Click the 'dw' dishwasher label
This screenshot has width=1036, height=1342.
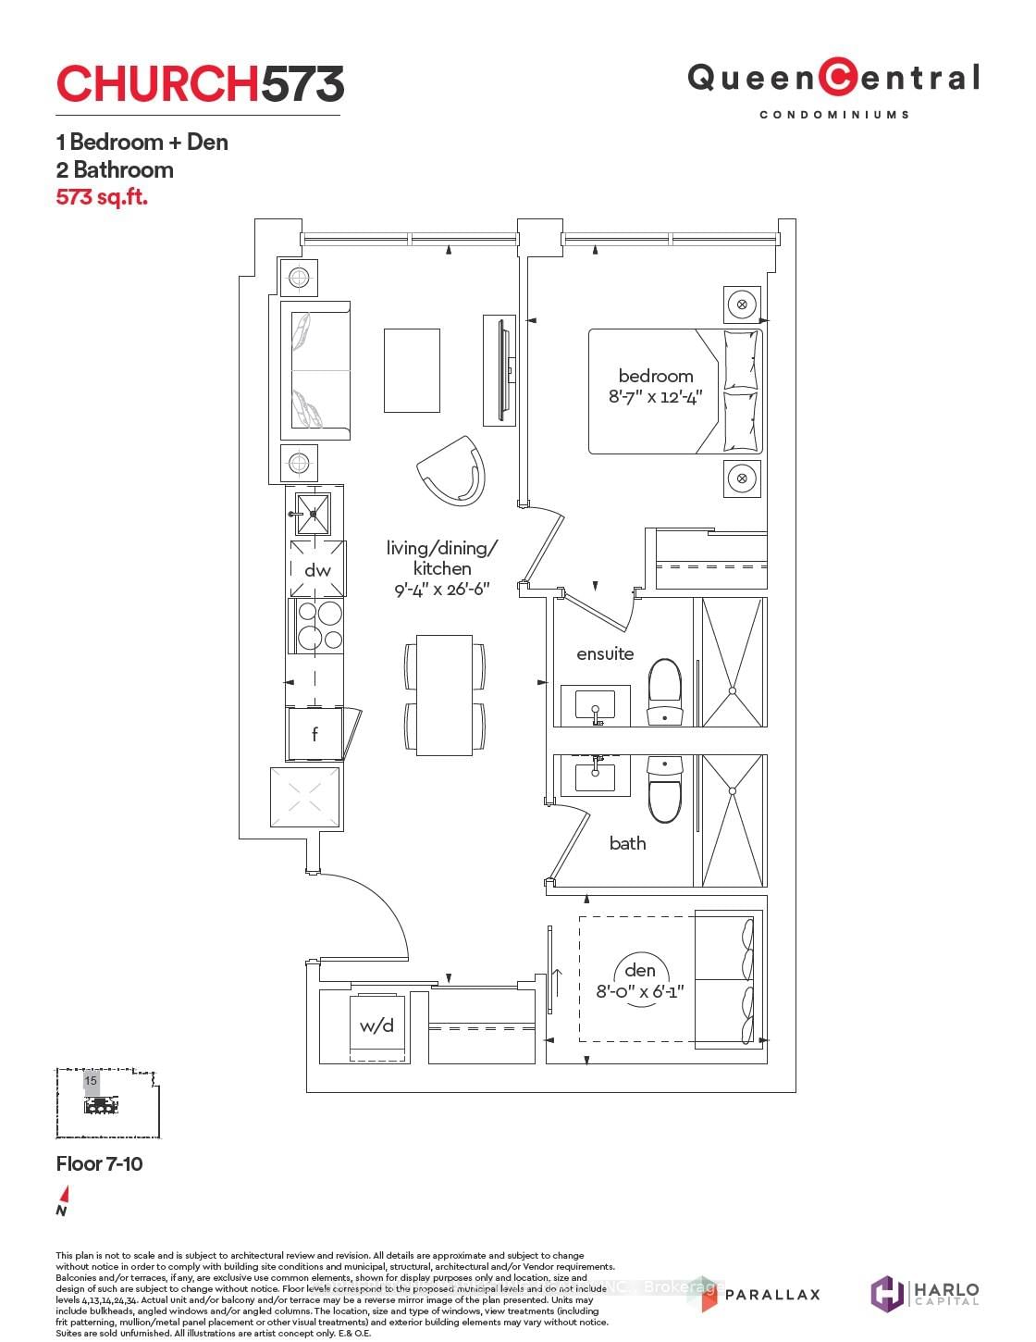tap(317, 570)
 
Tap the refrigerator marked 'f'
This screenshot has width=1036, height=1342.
tap(314, 734)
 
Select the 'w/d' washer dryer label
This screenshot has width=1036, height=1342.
tap(376, 1025)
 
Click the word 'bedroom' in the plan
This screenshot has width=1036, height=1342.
tap(656, 376)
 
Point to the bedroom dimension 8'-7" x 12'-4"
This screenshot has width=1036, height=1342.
tap(656, 397)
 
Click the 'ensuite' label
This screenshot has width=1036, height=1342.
tap(605, 653)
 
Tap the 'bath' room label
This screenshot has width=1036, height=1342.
tap(627, 843)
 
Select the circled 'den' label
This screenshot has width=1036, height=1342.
tap(640, 970)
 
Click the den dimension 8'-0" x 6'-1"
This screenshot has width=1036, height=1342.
tap(640, 992)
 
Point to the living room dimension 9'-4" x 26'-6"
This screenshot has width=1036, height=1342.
tap(442, 590)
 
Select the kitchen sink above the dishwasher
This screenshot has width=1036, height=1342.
tap(312, 513)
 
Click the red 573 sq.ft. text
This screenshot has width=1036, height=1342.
tap(102, 197)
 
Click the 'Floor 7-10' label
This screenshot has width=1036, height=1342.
tap(100, 1163)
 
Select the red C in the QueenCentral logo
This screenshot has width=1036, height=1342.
tap(838, 78)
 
